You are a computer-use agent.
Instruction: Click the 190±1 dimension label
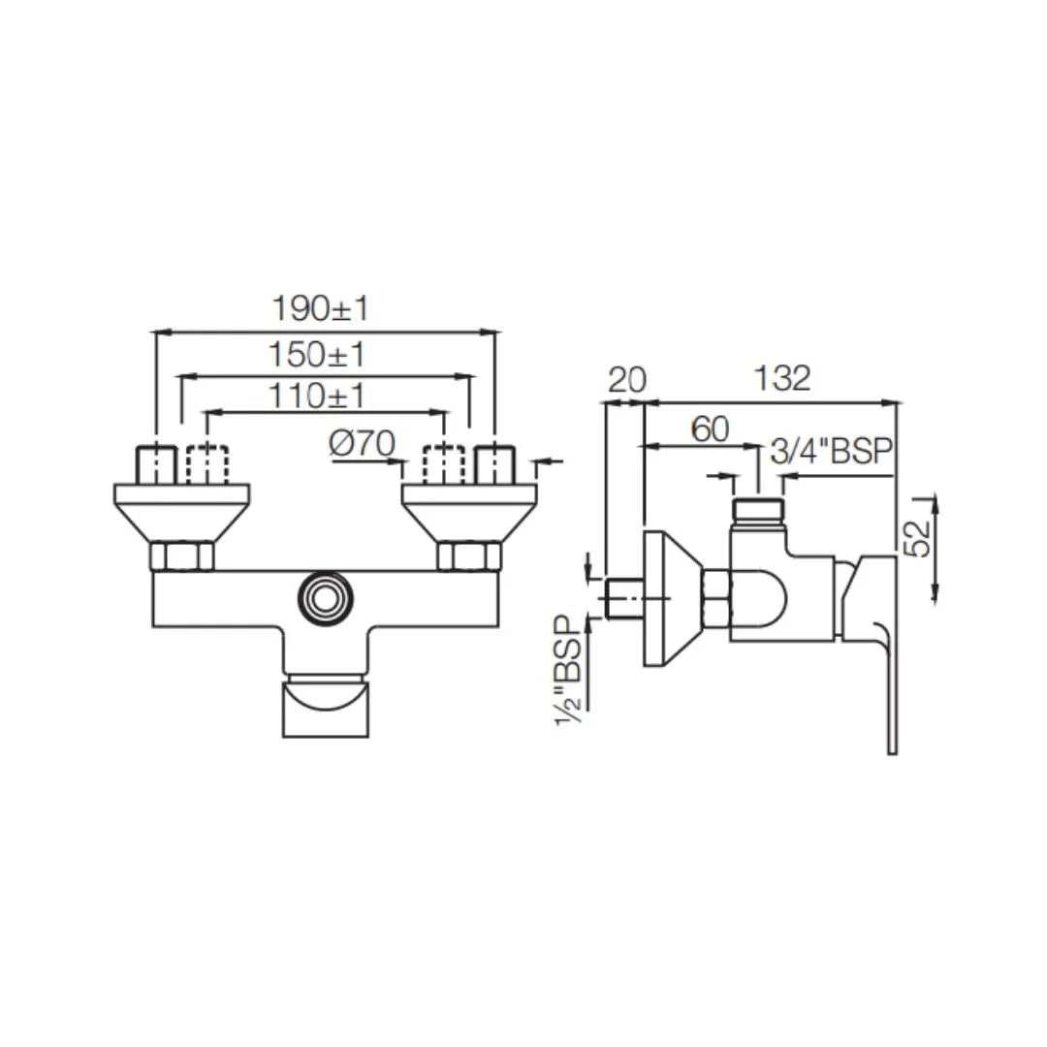(321, 309)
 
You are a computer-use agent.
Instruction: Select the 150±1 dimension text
(317, 355)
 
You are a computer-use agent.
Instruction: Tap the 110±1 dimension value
(316, 396)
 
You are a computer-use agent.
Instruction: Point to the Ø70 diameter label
(362, 444)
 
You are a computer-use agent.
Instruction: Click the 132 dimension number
(782, 378)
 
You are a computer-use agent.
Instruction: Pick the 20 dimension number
(626, 379)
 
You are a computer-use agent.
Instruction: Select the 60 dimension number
(710, 429)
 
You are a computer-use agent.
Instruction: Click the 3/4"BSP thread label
(829, 453)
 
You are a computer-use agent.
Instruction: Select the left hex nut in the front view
(181, 556)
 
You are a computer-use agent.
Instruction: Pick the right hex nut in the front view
(469, 556)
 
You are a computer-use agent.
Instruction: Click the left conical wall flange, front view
(181, 511)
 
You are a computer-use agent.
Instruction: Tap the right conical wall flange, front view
(469, 511)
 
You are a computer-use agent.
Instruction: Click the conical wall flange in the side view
(669, 598)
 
